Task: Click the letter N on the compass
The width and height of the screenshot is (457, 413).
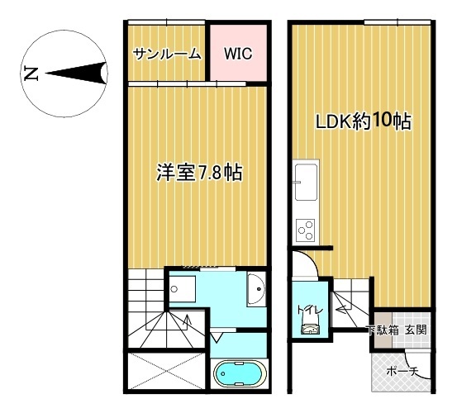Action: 31,74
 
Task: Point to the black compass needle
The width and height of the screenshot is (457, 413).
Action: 76,74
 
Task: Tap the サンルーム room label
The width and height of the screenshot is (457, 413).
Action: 167,54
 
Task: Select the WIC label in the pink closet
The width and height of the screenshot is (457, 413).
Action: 238,54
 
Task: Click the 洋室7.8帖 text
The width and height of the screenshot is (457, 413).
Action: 200,173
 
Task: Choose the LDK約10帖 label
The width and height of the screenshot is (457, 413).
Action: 364,121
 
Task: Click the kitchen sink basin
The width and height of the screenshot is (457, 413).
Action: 306,182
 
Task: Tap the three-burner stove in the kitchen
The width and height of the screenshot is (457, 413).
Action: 306,230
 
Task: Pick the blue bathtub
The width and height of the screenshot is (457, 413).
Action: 240,373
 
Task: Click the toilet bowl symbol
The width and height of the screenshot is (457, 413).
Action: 311,329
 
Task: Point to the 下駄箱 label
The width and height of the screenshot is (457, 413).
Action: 383,330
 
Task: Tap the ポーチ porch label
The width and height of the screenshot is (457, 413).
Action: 402,372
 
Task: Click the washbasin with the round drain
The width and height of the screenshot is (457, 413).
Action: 256,289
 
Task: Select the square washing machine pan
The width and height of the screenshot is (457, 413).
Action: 182,289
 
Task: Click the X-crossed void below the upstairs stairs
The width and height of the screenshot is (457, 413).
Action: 166,370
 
